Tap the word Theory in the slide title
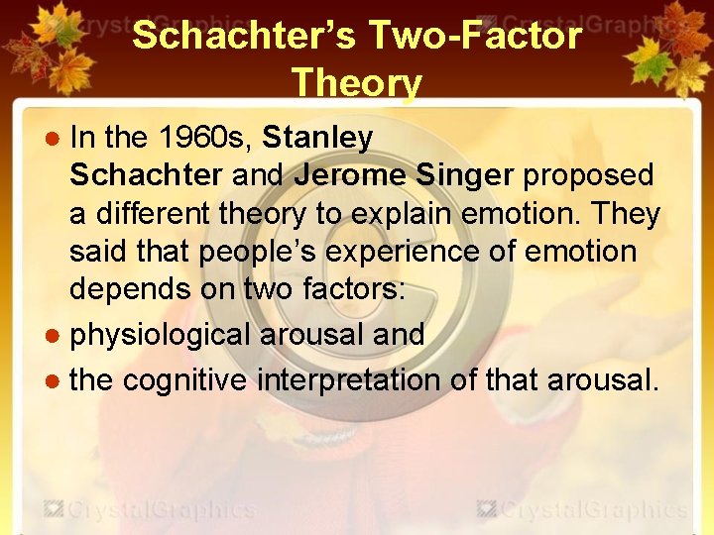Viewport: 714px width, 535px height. pyautogui.click(x=357, y=83)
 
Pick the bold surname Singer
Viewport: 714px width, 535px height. pyautogui.click(x=464, y=175)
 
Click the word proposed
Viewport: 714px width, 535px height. pyautogui.click(x=588, y=175)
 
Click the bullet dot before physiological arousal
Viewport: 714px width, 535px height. pyautogui.click(x=57, y=336)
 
